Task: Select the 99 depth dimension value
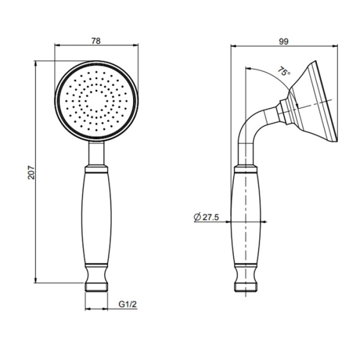(284, 41)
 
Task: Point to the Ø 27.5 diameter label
(206, 218)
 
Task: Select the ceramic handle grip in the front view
(97, 216)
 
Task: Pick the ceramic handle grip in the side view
(247, 216)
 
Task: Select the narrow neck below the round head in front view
(97, 155)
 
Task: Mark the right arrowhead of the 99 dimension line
(334, 47)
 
